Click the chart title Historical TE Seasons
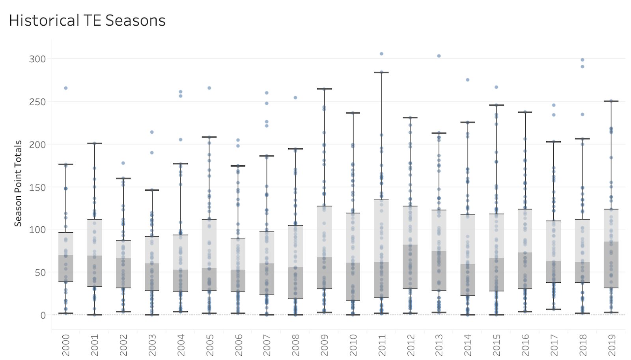pyautogui.click(x=87, y=21)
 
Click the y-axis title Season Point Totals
pyautogui.click(x=18, y=183)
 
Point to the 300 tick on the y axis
pyautogui.click(x=37, y=59)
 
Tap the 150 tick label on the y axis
pyautogui.click(x=37, y=188)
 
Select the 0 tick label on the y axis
pyautogui.click(x=43, y=315)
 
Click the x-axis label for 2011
pyautogui.click(x=382, y=345)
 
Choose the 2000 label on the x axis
pyautogui.click(x=66, y=345)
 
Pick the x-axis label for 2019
pyautogui.click(x=612, y=345)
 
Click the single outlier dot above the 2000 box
pyautogui.click(x=66, y=88)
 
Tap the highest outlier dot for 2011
pyautogui.click(x=381, y=54)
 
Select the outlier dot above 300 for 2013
pyautogui.click(x=439, y=56)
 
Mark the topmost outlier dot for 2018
pyautogui.click(x=582, y=60)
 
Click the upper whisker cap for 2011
pyautogui.click(x=381, y=73)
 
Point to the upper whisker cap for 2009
pyautogui.click(x=324, y=89)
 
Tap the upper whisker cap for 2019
pyautogui.click(x=611, y=101)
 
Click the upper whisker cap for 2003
pyautogui.click(x=152, y=190)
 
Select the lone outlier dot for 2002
pyautogui.click(x=123, y=163)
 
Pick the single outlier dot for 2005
pyautogui.click(x=209, y=88)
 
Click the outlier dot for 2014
pyautogui.click(x=468, y=80)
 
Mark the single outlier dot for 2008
pyautogui.click(x=295, y=97)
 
